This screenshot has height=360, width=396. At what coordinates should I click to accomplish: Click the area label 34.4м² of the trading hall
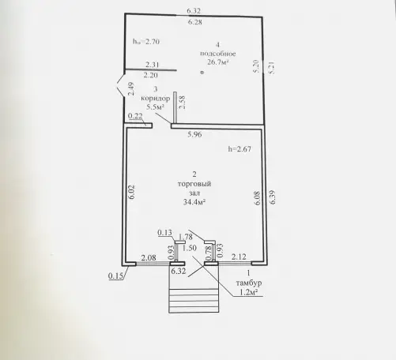(194, 202)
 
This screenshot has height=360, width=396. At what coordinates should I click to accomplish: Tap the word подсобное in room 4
(218, 54)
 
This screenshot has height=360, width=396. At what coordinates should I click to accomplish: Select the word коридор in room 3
(156, 99)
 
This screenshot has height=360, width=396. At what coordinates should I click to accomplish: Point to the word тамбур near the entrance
(249, 283)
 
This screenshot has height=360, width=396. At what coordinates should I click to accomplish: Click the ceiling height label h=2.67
(239, 149)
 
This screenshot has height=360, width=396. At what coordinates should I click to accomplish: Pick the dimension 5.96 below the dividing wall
(194, 134)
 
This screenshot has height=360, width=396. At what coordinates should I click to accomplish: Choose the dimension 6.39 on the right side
(272, 197)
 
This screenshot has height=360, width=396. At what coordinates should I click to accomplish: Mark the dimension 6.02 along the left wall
(132, 192)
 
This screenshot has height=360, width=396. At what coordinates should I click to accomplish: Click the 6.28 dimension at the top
(195, 22)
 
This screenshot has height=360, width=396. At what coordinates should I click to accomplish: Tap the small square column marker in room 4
(202, 73)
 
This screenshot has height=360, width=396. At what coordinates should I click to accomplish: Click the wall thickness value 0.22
(135, 116)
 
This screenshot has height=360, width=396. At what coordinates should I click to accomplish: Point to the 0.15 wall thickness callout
(115, 276)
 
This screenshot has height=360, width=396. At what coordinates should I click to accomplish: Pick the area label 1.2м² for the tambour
(248, 292)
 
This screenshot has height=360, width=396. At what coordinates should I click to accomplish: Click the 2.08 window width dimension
(149, 257)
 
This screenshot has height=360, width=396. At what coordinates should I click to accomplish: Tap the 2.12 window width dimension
(239, 257)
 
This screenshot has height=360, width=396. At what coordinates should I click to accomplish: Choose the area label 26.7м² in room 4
(218, 62)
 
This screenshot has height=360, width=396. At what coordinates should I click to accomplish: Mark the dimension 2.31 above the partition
(153, 65)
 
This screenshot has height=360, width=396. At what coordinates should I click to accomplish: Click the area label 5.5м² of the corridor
(156, 107)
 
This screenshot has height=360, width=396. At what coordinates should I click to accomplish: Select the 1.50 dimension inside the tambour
(190, 248)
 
